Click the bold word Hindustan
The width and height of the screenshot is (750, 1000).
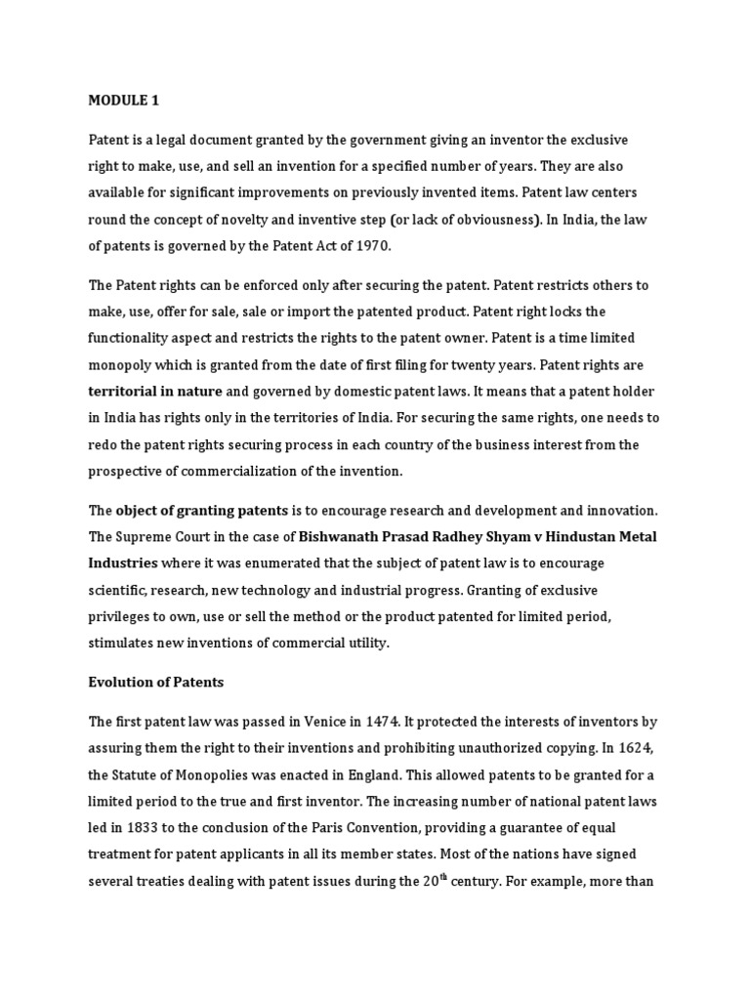pos(586,537)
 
